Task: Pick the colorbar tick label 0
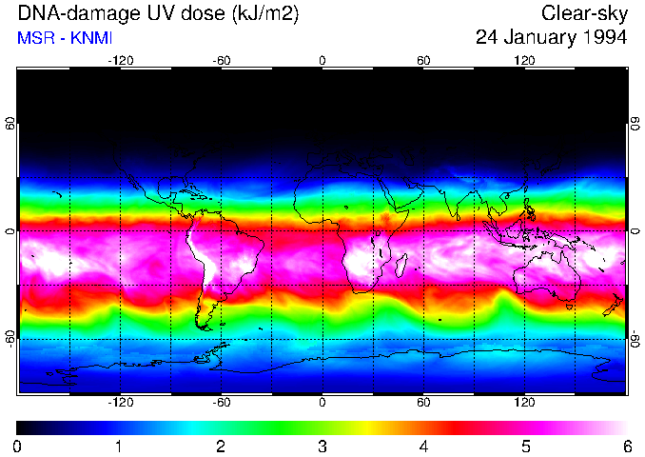pos(18,446)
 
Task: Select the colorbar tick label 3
pos(322,446)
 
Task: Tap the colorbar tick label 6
pos(626,446)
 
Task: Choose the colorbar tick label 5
pos(524,446)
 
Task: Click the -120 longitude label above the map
pos(120,60)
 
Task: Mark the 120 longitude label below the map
pos(524,403)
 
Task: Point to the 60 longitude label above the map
pos(423,60)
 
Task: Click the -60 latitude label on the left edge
pos(10,338)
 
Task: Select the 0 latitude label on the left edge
pos(10,231)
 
